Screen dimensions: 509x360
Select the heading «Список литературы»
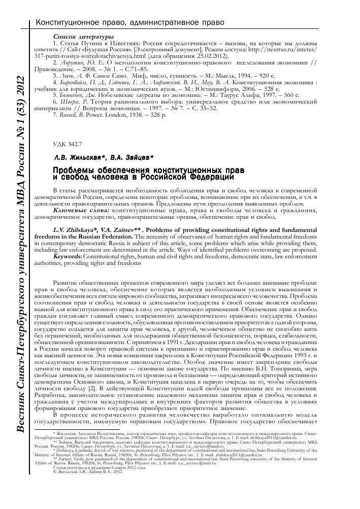83,38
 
